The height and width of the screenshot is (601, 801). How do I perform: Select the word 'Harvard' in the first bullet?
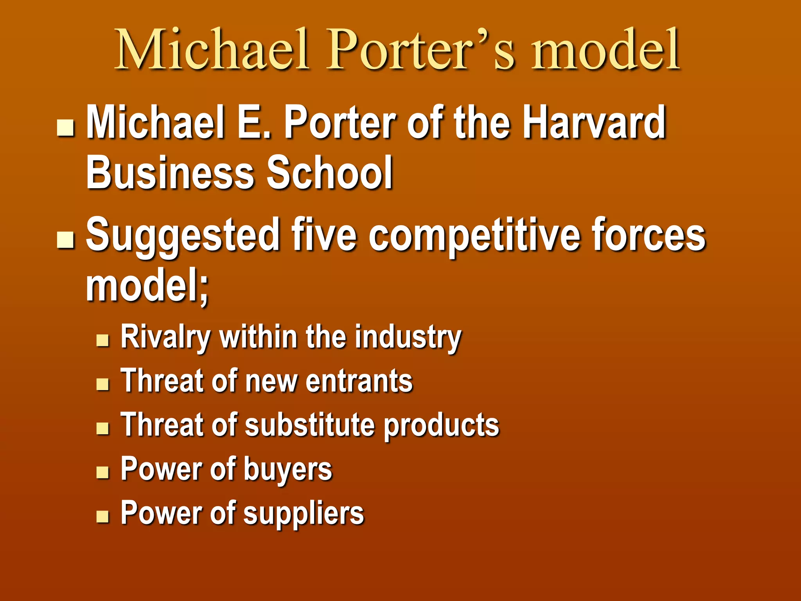(x=594, y=122)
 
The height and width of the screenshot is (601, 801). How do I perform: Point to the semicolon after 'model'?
(x=204, y=290)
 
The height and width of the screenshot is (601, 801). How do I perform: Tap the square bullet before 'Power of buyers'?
(x=102, y=473)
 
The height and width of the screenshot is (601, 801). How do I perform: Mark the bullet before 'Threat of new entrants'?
(x=102, y=384)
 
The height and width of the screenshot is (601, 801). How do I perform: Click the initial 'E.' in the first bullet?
(x=254, y=122)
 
